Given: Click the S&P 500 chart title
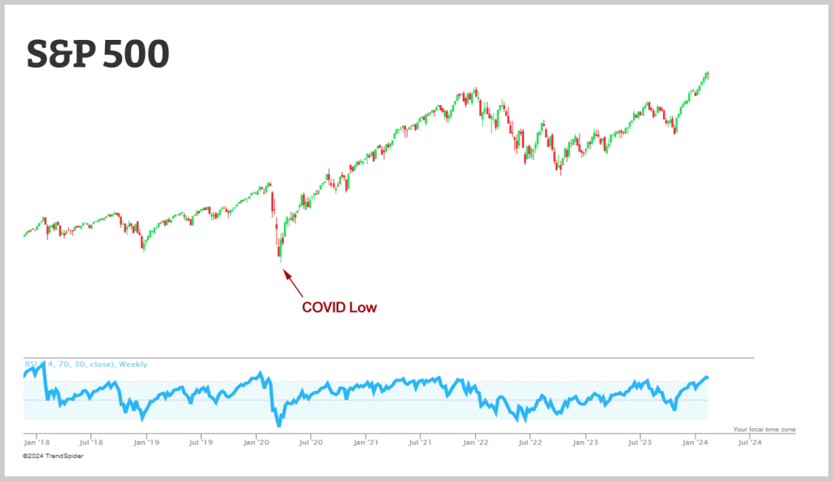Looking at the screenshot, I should coord(98,54).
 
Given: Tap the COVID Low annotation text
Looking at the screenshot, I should coord(339,308).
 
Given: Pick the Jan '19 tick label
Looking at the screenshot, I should coord(146,444).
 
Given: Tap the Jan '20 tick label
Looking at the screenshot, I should coord(256,444).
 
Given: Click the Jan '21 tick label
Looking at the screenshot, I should coord(366,444).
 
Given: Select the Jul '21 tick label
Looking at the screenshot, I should coord(421,444).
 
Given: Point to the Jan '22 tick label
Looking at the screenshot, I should coord(476,444).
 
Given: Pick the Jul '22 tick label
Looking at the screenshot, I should coord(530,444).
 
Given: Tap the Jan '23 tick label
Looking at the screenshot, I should coord(586,444).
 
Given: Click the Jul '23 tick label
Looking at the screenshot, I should coord(640,444).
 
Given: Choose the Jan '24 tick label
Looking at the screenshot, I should coord(695,444).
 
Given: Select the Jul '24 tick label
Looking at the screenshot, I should coord(749,444).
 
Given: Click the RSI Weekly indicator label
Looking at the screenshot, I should coord(85,365).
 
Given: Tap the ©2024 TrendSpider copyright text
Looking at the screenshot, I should coord(53,457).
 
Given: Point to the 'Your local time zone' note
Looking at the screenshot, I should coord(764,429).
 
